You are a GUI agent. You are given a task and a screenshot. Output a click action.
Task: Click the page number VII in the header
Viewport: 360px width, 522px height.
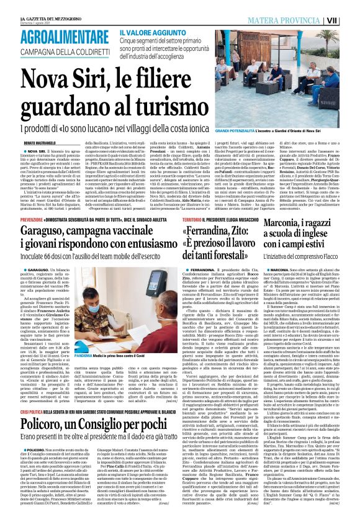[x=349, y=20]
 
